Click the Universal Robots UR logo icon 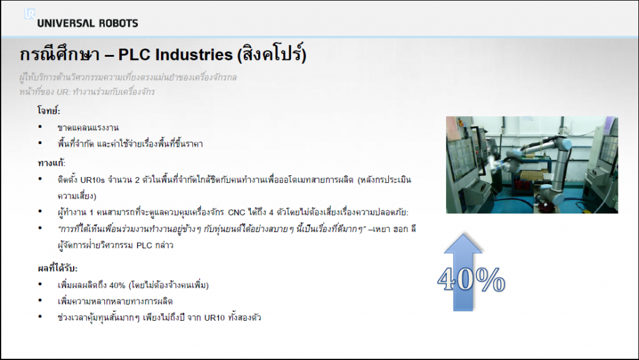(x=30, y=14)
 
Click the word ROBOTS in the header (x=119, y=23)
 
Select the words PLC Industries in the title (x=175, y=55)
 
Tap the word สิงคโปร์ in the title (x=272, y=54)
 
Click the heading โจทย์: (x=49, y=110)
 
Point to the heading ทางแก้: (x=51, y=163)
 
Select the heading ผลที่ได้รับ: (x=57, y=268)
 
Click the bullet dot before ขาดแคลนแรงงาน (x=40, y=127)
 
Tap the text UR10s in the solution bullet (x=92, y=180)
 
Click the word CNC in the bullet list (x=237, y=213)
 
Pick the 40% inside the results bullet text (x=117, y=286)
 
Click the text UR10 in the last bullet (x=215, y=318)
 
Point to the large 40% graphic (x=471, y=280)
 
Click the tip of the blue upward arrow (x=463, y=234)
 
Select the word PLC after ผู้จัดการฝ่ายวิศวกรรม (x=144, y=246)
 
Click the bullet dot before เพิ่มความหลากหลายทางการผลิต (x=40, y=301)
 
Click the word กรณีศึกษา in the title (x=59, y=54)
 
